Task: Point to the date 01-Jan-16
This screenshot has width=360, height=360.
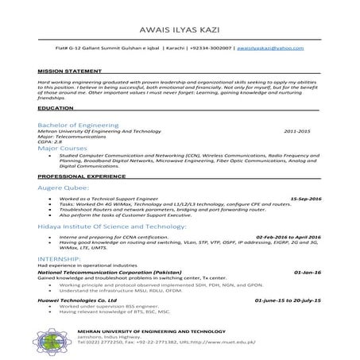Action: click(x=308, y=272)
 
